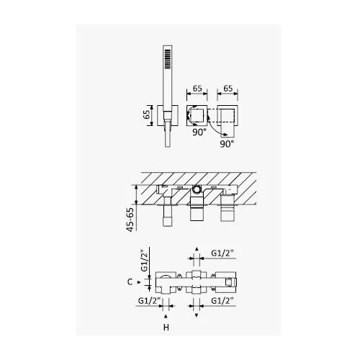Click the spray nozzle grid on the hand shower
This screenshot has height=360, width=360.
(167, 58)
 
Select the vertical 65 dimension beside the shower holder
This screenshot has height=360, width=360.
(147, 115)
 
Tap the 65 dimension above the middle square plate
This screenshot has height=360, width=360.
(197, 89)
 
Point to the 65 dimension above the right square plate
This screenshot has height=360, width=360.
(228, 89)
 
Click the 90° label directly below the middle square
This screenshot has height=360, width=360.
(199, 132)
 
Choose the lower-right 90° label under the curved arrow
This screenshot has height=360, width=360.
(227, 144)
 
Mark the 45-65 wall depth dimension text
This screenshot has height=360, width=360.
(130, 219)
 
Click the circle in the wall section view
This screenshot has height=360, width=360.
(197, 189)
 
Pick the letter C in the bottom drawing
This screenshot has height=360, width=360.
(130, 282)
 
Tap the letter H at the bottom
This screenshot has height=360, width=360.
(166, 328)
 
